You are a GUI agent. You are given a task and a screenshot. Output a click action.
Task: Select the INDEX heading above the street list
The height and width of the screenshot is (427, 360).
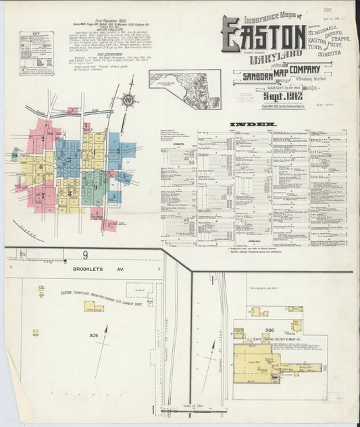253,125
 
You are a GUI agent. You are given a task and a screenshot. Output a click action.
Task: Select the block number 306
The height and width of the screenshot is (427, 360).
270,329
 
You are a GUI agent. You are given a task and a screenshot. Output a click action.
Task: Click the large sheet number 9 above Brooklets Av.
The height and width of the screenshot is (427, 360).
86,255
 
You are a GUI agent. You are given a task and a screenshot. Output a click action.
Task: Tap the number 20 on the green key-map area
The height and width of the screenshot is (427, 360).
14,155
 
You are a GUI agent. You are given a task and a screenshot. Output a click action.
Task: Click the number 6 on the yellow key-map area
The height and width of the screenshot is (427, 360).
41,166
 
